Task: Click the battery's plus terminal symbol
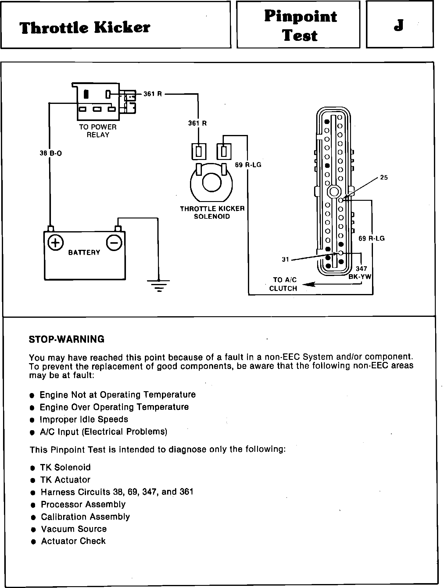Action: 56,243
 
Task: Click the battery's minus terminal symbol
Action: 114,243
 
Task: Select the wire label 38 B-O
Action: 51,154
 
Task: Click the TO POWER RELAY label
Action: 98,131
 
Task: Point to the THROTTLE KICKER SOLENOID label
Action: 212,213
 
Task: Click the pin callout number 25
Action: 384,178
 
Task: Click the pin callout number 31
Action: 285,260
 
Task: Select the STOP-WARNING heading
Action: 66,339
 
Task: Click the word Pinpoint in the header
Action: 300,16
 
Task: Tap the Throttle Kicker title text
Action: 85,28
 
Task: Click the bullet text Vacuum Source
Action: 74,529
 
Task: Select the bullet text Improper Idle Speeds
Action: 84,419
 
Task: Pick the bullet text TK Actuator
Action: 66,480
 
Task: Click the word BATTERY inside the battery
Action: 84,252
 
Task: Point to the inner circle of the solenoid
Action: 211,183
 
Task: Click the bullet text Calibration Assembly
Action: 85,516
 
